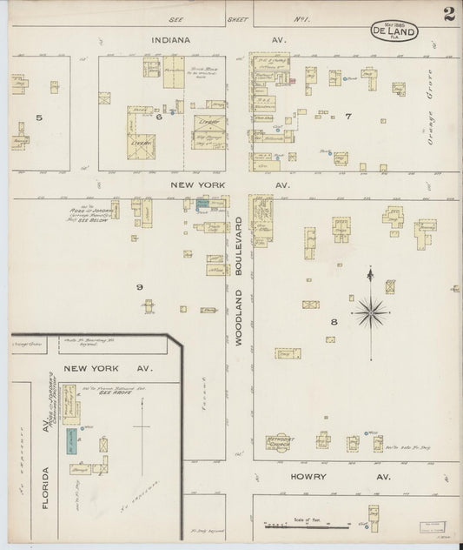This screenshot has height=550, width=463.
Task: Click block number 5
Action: (x=39, y=117)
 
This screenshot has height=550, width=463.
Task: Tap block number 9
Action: (x=139, y=286)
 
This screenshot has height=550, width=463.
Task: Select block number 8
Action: (x=333, y=322)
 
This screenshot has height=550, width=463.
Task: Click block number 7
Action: (x=347, y=116)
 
